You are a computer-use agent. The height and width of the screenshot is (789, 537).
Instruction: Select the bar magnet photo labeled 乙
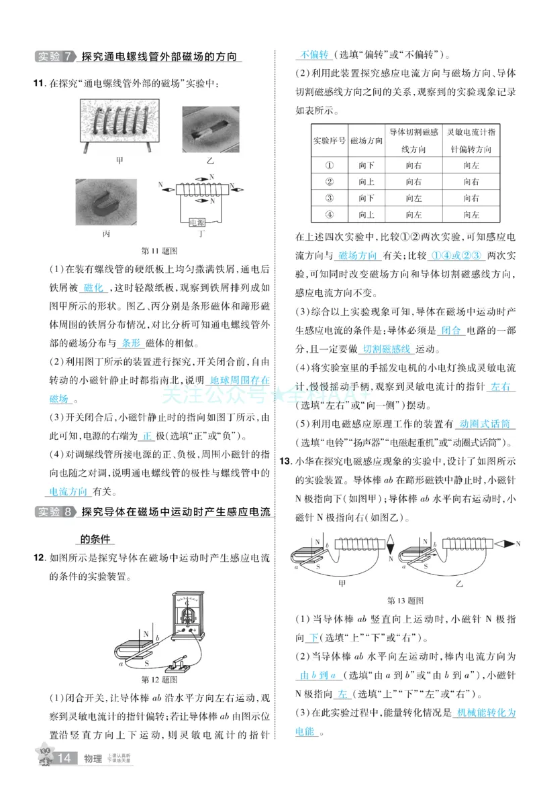[x=210, y=127]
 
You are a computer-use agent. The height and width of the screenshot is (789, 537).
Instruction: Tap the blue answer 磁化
[x=93, y=287]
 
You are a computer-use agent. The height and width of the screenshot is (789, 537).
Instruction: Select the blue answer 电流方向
[x=69, y=491]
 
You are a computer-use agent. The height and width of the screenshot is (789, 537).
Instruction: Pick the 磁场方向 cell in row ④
[x=366, y=215]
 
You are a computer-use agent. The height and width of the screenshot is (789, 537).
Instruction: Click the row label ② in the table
[x=329, y=182]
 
